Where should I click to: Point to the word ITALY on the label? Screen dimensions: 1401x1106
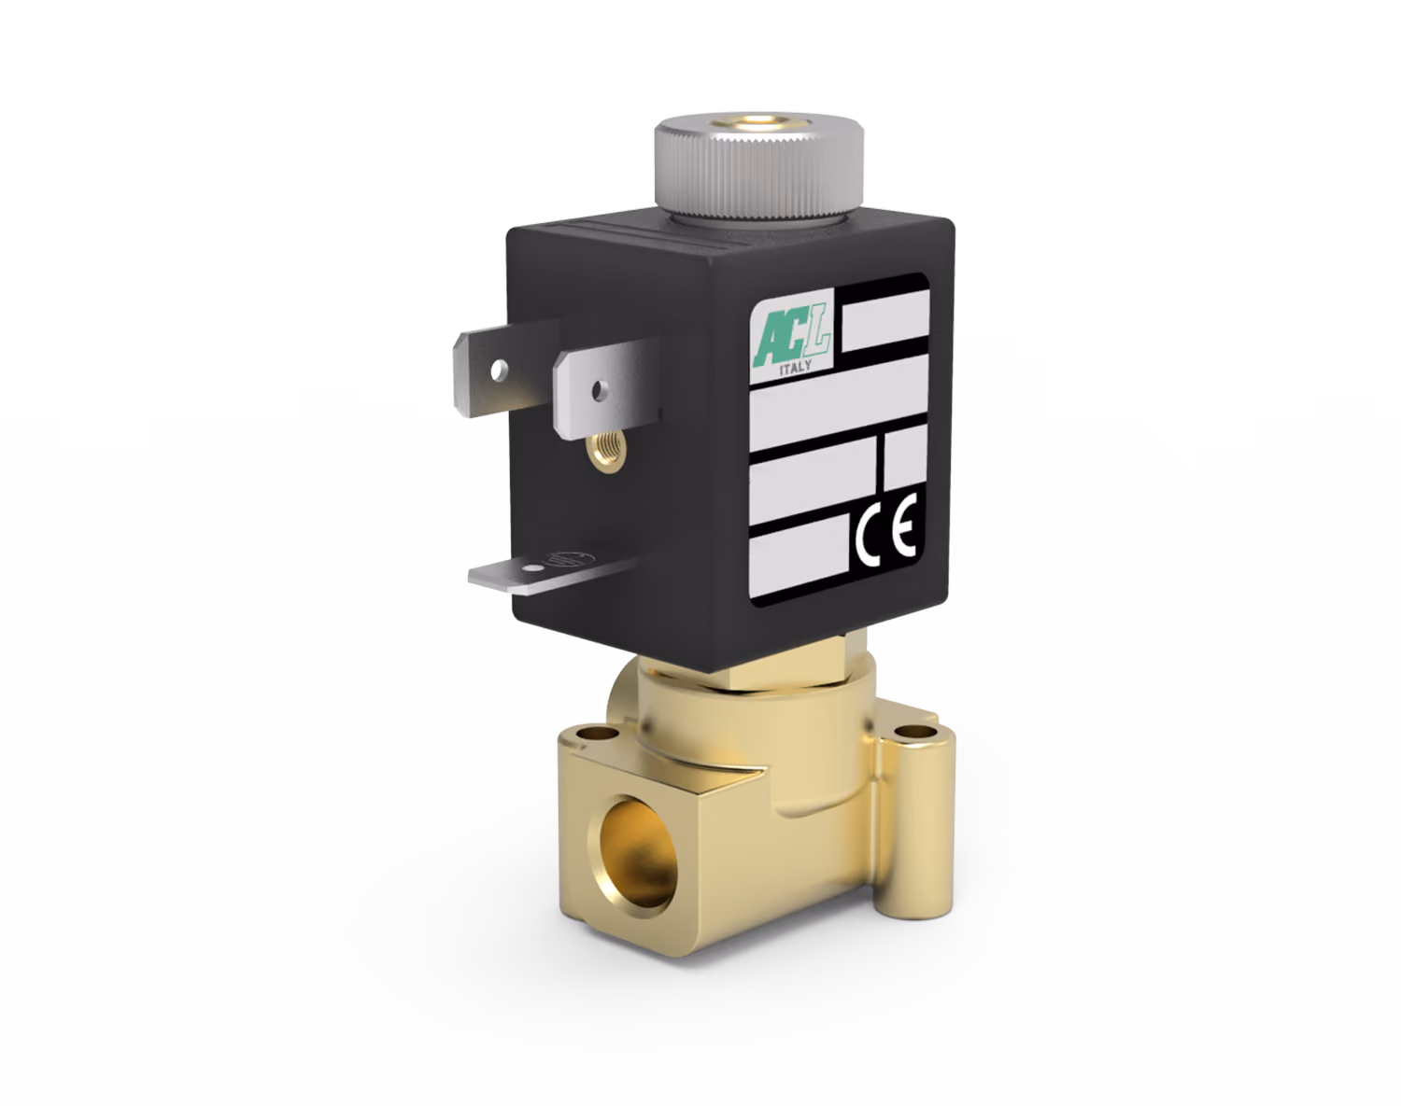(x=795, y=369)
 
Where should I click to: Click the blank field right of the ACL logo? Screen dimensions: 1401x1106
(x=884, y=321)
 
